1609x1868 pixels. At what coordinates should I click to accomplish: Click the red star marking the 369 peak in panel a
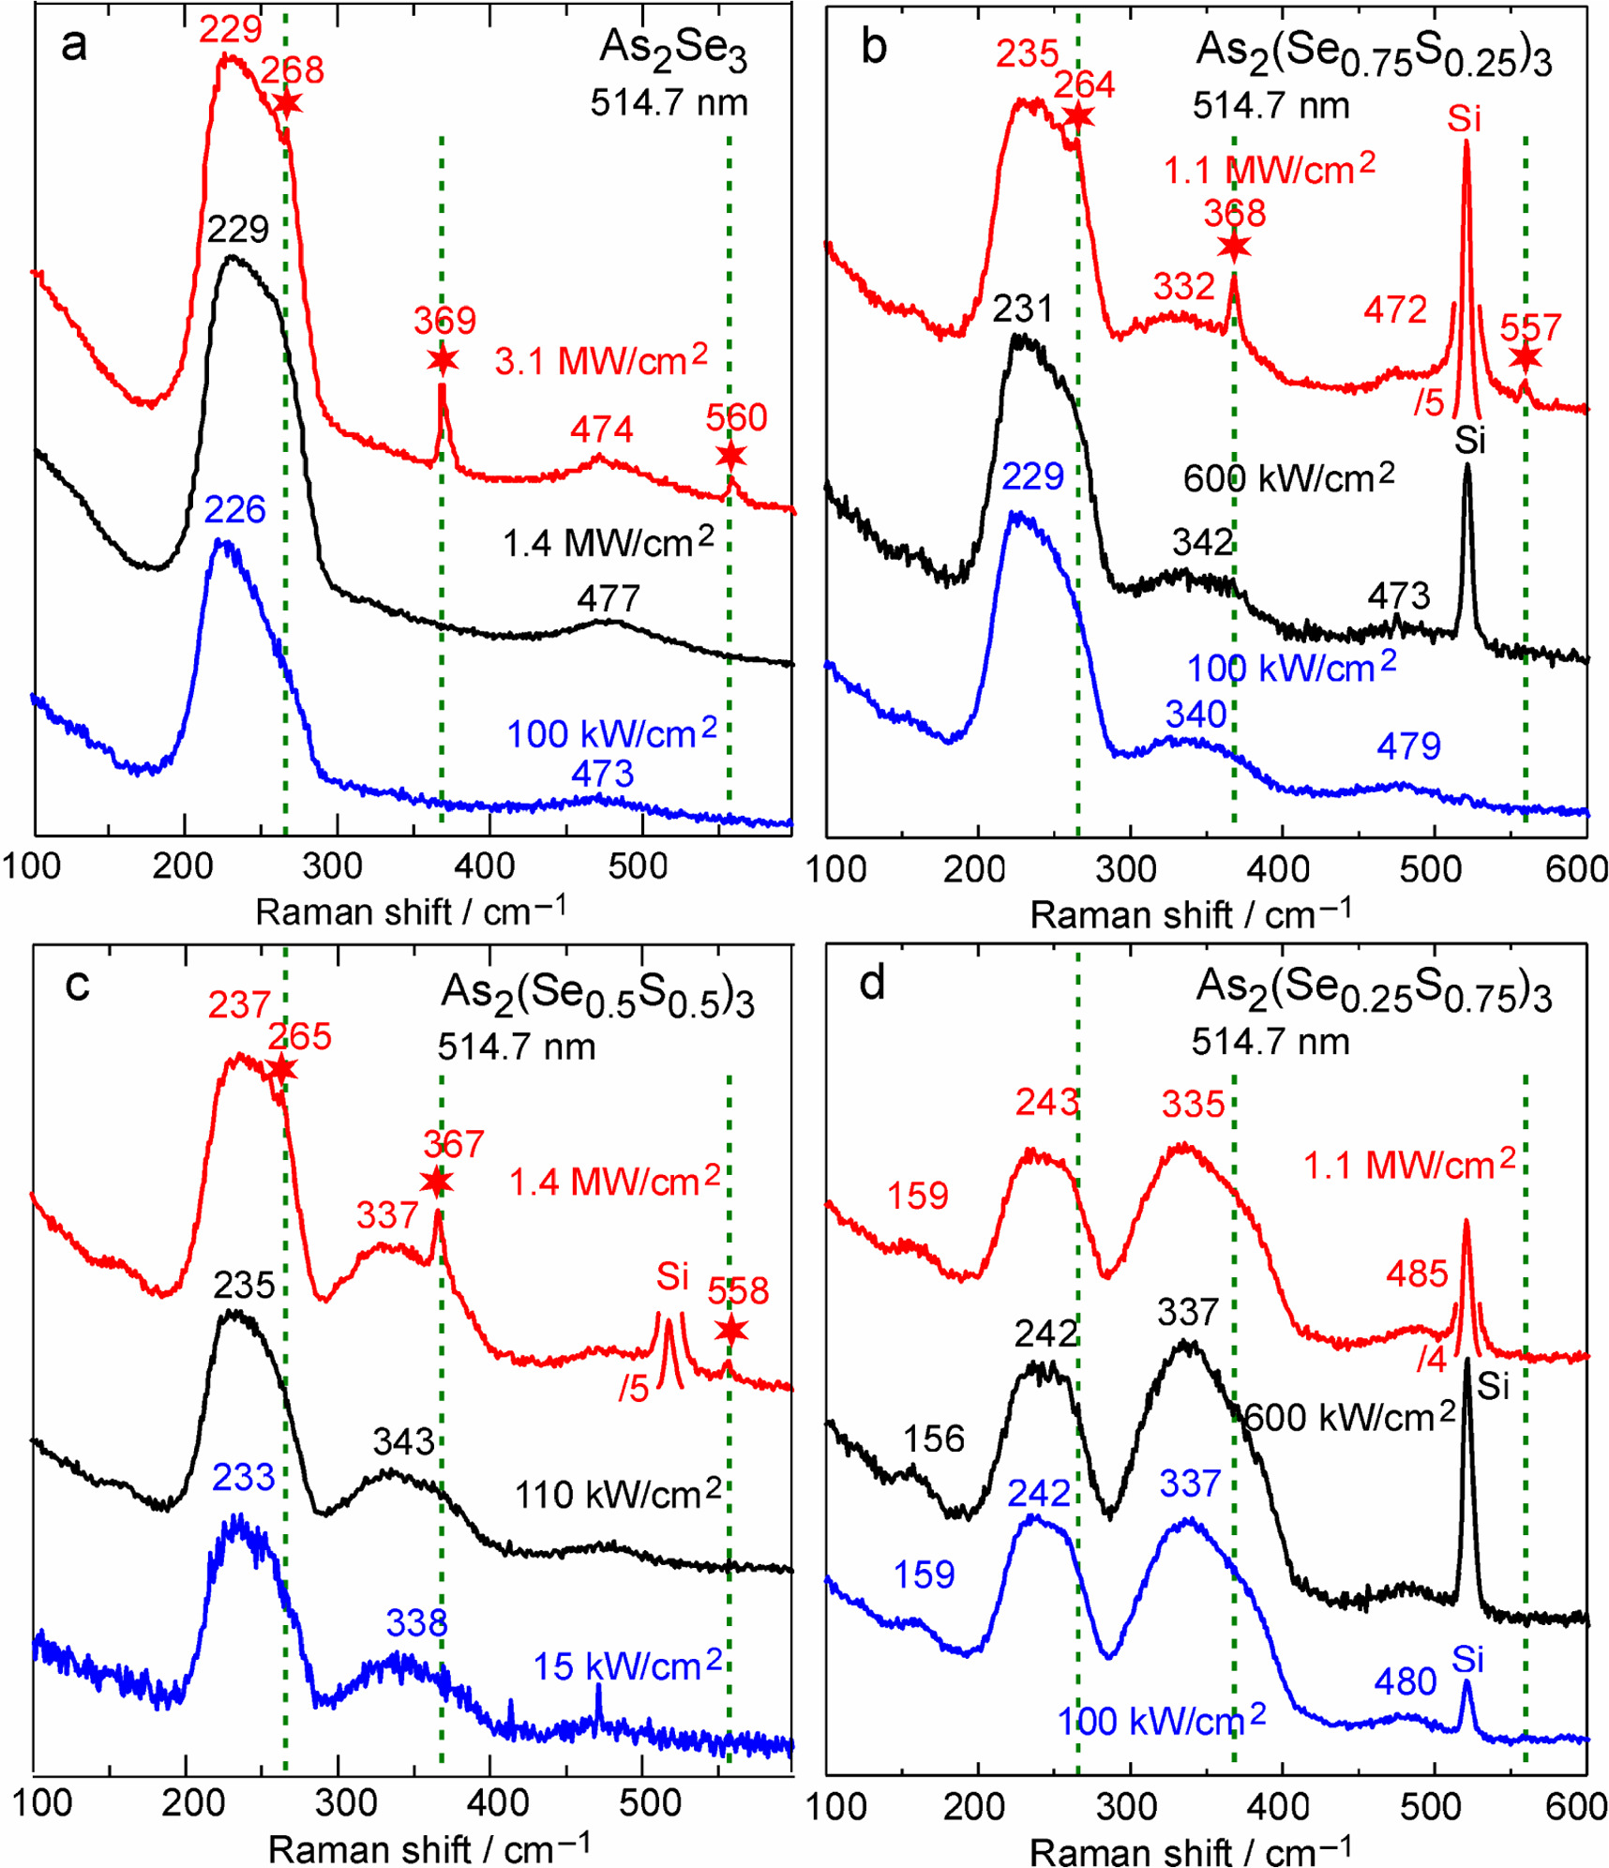(x=443, y=359)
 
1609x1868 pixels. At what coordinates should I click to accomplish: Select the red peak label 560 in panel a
(x=736, y=418)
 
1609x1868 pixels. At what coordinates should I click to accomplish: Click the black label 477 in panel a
(x=609, y=598)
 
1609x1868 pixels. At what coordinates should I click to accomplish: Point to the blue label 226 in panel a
(x=234, y=510)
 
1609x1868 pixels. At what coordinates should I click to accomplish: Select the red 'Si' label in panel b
(x=1464, y=120)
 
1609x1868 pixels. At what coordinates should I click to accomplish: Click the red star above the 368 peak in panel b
(x=1234, y=247)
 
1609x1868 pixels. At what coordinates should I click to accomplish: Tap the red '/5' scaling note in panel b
(x=1429, y=403)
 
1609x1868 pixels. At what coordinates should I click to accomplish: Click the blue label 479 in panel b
(x=1408, y=747)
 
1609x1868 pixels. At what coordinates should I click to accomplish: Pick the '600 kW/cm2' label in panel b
(x=1288, y=478)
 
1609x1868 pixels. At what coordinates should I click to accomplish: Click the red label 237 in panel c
(x=239, y=1006)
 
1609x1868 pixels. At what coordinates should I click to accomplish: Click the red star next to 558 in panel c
(x=730, y=1330)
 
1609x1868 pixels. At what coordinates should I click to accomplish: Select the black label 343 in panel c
(x=403, y=1441)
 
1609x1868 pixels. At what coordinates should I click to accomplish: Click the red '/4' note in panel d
(x=1432, y=1360)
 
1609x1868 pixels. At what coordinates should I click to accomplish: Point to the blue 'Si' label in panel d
(x=1467, y=1660)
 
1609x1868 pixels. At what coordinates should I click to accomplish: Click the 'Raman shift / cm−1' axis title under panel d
(x=1190, y=1851)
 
